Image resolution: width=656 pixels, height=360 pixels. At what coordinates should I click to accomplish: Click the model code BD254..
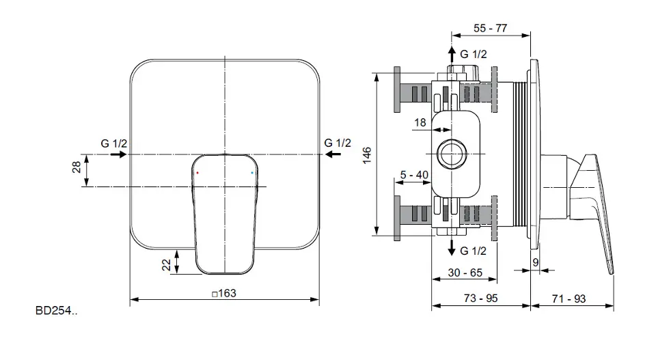pyautogui.click(x=56, y=311)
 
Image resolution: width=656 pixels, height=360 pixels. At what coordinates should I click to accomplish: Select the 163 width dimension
pyautogui.click(x=224, y=294)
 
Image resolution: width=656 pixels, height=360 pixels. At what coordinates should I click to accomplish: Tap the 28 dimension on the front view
pyautogui.click(x=77, y=167)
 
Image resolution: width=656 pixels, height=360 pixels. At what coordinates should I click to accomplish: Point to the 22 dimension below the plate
pyautogui.click(x=167, y=264)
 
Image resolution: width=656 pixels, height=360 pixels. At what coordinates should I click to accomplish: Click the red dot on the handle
pyautogui.click(x=197, y=172)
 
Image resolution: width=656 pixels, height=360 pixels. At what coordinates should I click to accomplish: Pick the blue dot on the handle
pyautogui.click(x=252, y=172)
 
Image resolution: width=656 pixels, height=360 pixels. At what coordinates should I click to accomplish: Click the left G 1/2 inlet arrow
pyautogui.click(x=119, y=154)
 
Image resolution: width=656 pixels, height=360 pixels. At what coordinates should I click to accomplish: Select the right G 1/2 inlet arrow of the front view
pyautogui.click(x=333, y=154)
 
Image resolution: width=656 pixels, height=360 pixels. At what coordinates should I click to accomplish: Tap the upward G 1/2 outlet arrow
pyautogui.click(x=452, y=55)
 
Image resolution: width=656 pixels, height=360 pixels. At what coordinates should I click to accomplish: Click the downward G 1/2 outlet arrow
pyautogui.click(x=452, y=247)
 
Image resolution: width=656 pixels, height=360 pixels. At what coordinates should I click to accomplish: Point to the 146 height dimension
pyautogui.click(x=367, y=155)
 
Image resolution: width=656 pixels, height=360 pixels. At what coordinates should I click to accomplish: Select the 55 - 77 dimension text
pyautogui.click(x=491, y=28)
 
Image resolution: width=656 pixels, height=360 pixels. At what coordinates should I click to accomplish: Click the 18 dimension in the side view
pyautogui.click(x=420, y=122)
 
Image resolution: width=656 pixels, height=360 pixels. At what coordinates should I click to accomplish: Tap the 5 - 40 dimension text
pyautogui.click(x=414, y=175)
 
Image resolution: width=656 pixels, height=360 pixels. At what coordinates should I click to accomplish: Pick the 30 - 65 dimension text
pyautogui.click(x=465, y=273)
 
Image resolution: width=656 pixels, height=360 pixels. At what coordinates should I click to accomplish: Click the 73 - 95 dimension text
pyautogui.click(x=480, y=299)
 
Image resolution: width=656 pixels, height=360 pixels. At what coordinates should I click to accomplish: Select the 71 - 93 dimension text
pyautogui.click(x=569, y=299)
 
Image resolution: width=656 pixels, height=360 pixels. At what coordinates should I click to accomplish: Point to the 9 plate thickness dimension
pyautogui.click(x=536, y=262)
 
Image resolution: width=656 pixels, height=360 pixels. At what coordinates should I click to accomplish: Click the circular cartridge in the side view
pyautogui.click(x=452, y=154)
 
